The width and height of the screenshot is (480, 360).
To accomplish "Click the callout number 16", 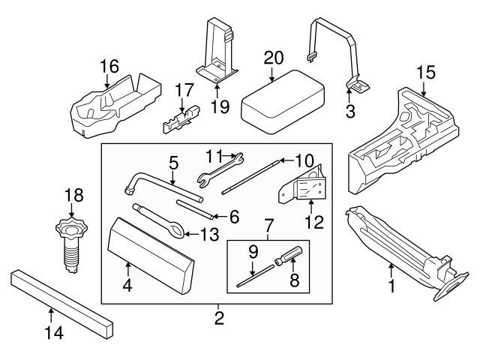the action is [109, 67].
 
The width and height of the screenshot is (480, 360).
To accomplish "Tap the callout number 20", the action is [274, 58].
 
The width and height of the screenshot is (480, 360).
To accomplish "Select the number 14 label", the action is [54, 332].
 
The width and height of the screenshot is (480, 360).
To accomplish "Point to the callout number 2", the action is [219, 318].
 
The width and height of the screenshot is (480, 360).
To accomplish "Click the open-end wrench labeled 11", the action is [220, 170].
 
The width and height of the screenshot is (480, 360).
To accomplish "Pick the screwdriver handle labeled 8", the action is [289, 255].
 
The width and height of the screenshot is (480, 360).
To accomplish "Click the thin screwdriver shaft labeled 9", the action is [255, 276].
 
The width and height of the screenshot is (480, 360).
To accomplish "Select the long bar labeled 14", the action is [62, 304].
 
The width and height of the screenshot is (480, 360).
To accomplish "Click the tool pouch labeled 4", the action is [150, 256].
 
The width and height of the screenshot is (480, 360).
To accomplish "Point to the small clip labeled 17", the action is [181, 120].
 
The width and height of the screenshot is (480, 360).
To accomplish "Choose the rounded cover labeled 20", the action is [283, 102].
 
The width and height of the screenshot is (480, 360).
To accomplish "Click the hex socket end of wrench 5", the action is [129, 191].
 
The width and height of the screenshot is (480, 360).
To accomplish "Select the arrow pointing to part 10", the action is [286, 160].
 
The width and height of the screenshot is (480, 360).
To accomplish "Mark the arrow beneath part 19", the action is [217, 91].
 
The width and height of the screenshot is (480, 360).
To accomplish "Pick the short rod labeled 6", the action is [194, 209].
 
